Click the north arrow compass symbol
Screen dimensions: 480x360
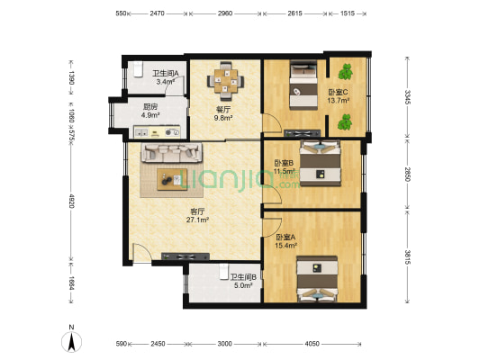coord(71,342)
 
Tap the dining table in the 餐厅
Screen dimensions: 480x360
coord(226,81)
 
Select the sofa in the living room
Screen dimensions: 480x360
coord(171,152)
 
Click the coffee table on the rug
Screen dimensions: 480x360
coord(172,179)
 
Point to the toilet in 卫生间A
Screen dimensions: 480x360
coord(138,69)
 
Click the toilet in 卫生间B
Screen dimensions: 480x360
coord(224,272)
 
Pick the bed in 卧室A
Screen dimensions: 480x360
coord(317,279)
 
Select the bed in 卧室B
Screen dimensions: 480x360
coord(321,163)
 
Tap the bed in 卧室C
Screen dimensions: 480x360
coord(303,85)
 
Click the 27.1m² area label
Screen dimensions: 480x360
coord(197,220)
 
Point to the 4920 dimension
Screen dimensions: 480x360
coord(71,201)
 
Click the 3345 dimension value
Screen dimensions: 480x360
coord(407,96)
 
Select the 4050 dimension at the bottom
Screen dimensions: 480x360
coord(312,344)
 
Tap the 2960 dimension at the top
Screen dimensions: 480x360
coord(225,13)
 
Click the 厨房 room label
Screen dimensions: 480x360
coord(150,107)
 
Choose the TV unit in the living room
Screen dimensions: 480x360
coord(186,256)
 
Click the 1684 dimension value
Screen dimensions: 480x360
coord(71,283)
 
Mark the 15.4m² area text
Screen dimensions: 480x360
coord(286,245)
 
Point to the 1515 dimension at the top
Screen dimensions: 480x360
coord(348,13)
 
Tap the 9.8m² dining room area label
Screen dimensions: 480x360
coord(223,118)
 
